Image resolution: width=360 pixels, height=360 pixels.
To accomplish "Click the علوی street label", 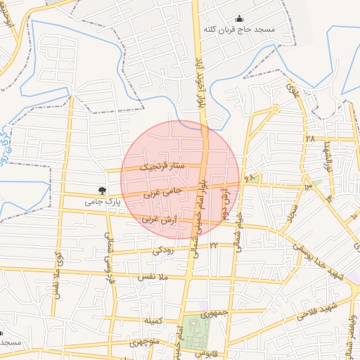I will [x=293, y=91].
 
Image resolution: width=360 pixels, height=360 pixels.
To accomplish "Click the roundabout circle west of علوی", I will [x=276, y=108].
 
